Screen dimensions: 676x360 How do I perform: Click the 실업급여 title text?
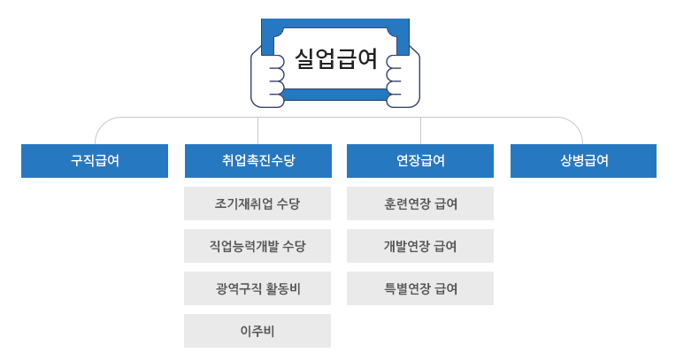click(335, 59)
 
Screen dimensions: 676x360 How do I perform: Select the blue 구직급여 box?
click(95, 161)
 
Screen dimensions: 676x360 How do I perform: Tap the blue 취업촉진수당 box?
click(257, 161)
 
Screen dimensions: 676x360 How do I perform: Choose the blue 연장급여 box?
click(420, 161)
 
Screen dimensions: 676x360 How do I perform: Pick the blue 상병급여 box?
click(584, 161)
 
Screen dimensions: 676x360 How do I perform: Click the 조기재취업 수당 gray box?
click(257, 203)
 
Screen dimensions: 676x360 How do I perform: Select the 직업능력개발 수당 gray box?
click(257, 246)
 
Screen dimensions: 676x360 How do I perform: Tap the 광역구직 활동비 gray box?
click(257, 288)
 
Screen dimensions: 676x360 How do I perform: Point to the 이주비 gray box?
click(257, 331)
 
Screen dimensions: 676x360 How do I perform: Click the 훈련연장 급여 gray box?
click(420, 203)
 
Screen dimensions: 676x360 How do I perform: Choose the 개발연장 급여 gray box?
click(420, 246)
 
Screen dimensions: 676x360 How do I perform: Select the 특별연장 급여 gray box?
click(420, 288)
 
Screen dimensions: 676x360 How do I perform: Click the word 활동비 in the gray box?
click(282, 288)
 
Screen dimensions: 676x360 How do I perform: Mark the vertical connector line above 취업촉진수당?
click(257, 130)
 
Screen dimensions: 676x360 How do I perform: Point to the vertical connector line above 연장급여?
click(420, 130)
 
